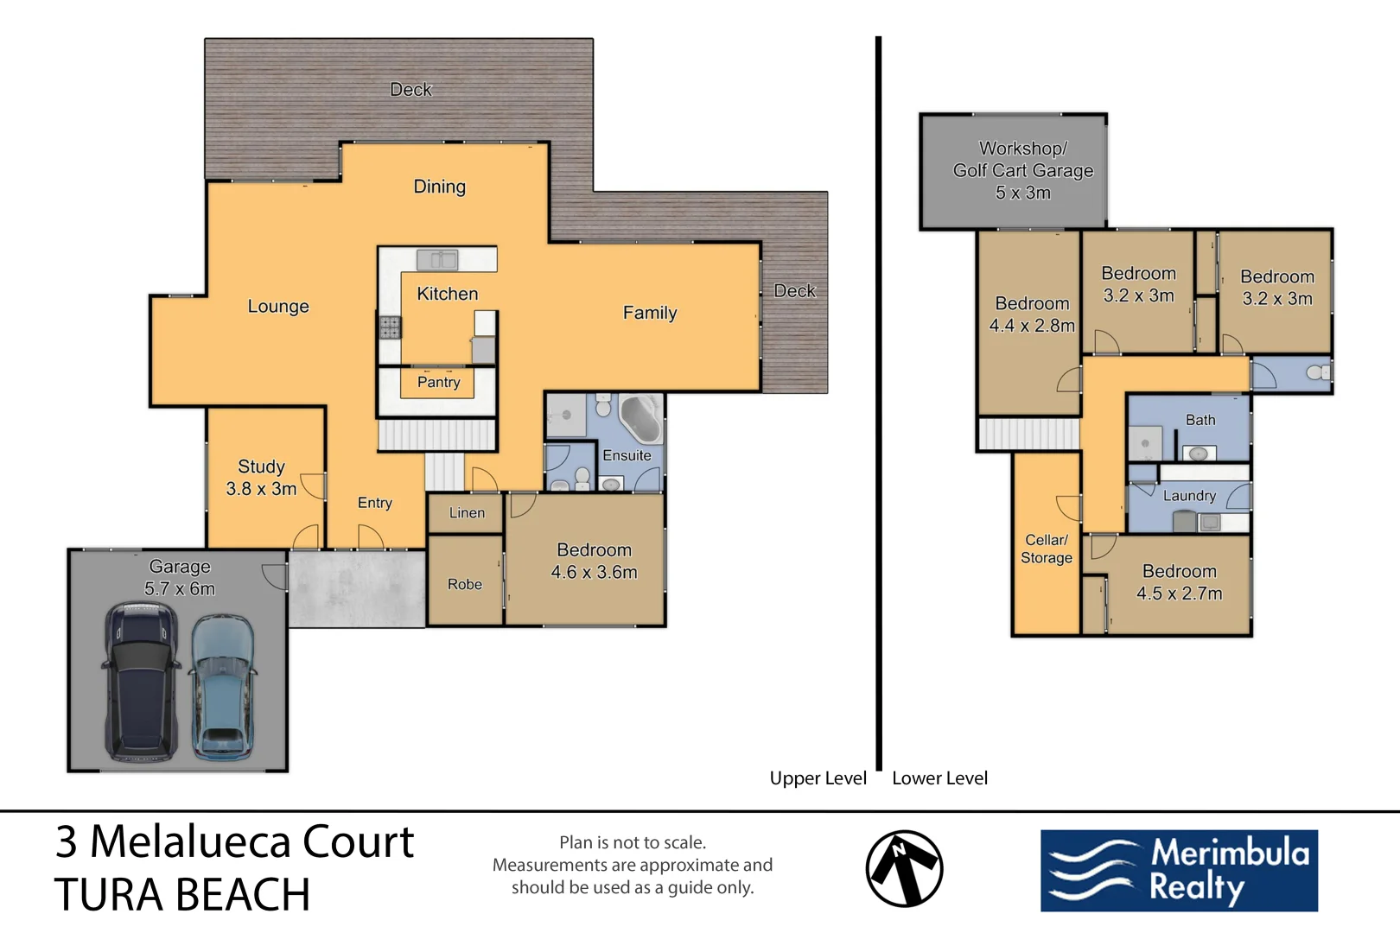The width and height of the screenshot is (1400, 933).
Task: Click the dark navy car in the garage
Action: [x=141, y=682]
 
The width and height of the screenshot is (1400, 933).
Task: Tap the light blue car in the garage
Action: [x=222, y=687]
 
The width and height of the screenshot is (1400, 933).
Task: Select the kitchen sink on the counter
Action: [x=437, y=259]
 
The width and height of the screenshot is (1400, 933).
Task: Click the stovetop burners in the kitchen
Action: [x=390, y=327]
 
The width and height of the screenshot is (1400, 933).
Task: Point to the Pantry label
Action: [x=439, y=382]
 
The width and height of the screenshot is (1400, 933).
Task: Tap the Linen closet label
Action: [x=467, y=513]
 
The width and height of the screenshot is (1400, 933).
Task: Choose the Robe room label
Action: [x=465, y=584]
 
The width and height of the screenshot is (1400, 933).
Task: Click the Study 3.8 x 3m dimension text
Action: [x=261, y=478]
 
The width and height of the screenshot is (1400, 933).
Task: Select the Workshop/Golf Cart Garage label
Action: [x=1023, y=170]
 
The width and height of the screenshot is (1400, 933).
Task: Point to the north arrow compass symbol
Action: [x=904, y=868]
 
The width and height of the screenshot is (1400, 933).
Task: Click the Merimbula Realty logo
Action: [x=1179, y=871]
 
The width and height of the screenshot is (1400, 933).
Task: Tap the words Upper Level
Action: [x=818, y=778]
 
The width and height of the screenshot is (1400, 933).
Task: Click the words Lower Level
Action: [x=940, y=778]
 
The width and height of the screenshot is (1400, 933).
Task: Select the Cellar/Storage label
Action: [x=1047, y=549]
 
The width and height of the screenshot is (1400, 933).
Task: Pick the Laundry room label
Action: [x=1189, y=496]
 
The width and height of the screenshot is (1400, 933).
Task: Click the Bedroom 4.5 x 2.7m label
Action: [x=1180, y=581]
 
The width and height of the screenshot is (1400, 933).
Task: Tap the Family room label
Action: [x=650, y=313]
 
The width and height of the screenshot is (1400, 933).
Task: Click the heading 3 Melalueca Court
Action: [x=234, y=841]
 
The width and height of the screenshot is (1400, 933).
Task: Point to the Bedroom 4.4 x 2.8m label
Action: [x=1032, y=314]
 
